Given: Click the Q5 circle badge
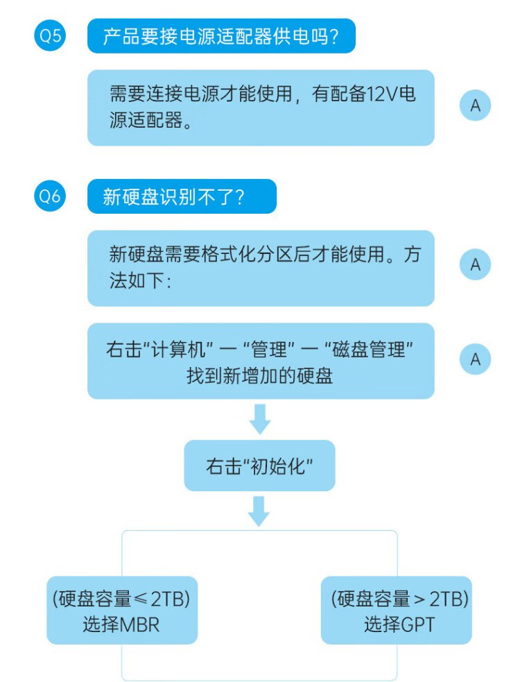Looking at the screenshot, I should coord(50,36).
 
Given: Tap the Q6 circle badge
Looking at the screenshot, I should coord(50,197).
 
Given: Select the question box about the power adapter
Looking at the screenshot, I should coord(220,36).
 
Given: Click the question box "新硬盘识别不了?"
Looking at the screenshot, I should coord(182,197).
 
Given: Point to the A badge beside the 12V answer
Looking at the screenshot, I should coord(476,106).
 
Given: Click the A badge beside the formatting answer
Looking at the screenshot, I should coord(476,265).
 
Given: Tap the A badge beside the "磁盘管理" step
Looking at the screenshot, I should coord(476,359).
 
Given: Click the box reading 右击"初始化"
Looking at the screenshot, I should coord(259,466).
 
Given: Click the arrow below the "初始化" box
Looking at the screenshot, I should coord(259,511).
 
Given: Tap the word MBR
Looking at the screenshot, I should coord(140,624).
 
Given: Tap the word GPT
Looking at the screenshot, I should coord(418,624).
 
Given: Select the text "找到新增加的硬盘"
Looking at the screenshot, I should coord(259,376).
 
